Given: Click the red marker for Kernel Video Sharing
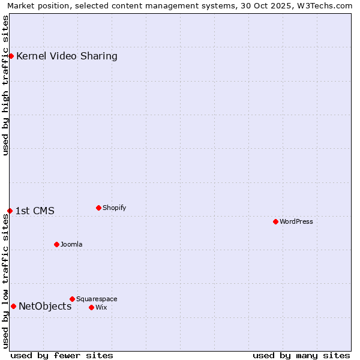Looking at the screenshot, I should [x=11, y=56].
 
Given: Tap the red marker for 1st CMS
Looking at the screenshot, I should [x=10, y=211].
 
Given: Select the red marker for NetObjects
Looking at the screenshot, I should [x=13, y=306].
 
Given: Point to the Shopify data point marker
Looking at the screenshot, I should [x=98, y=208].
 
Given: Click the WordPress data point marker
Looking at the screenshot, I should [x=275, y=221].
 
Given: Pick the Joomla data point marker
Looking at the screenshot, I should [x=56, y=244].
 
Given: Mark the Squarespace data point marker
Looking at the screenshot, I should [x=72, y=299].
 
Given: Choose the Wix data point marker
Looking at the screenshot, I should [x=91, y=307].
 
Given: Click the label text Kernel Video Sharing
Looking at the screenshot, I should [x=67, y=56].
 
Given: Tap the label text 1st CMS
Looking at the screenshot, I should [x=35, y=211].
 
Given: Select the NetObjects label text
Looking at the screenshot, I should [x=45, y=307].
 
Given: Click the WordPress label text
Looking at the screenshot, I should [x=296, y=221].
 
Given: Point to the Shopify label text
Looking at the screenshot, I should [x=114, y=208].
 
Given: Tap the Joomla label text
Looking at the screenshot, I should [x=71, y=244].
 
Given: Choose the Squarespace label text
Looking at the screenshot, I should [x=97, y=299].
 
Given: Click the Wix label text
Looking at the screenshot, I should [x=101, y=307].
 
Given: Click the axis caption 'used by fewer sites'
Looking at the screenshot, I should [x=62, y=355].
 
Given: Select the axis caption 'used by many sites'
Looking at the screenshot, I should [x=301, y=355].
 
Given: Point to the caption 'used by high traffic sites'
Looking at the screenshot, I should [x=6, y=85].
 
